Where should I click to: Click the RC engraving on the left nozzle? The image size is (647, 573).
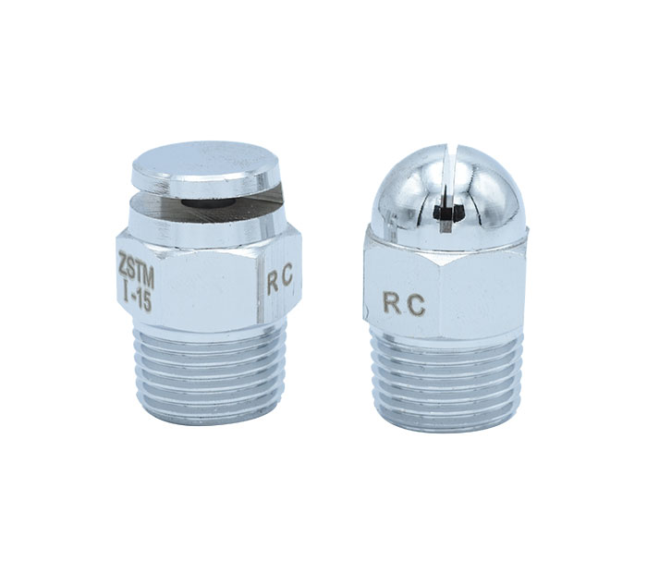click(x=280, y=283)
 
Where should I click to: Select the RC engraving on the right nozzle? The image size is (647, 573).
click(x=404, y=305)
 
